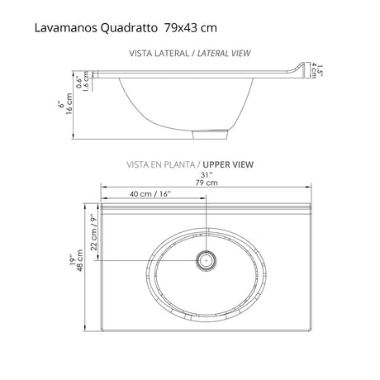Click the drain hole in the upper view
point(204,259)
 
